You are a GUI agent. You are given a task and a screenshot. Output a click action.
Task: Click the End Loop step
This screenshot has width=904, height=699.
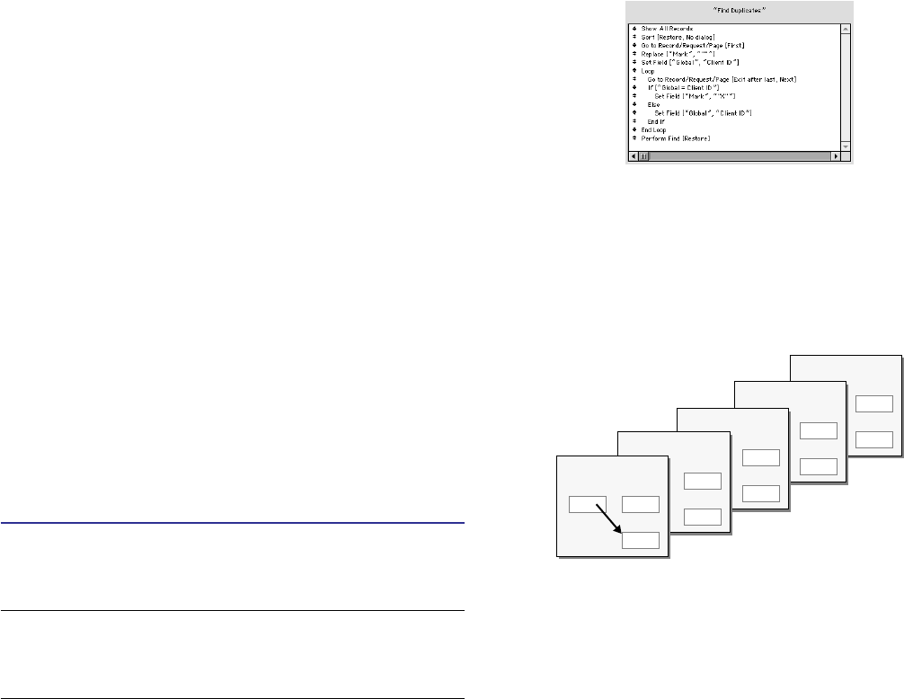[654, 130]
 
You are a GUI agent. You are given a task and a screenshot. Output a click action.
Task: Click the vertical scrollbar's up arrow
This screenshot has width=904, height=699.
[846, 29]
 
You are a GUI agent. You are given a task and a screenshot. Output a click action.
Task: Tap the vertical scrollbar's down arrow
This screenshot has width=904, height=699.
[846, 146]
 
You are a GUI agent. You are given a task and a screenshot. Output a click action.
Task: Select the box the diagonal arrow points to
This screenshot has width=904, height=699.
[641, 540]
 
